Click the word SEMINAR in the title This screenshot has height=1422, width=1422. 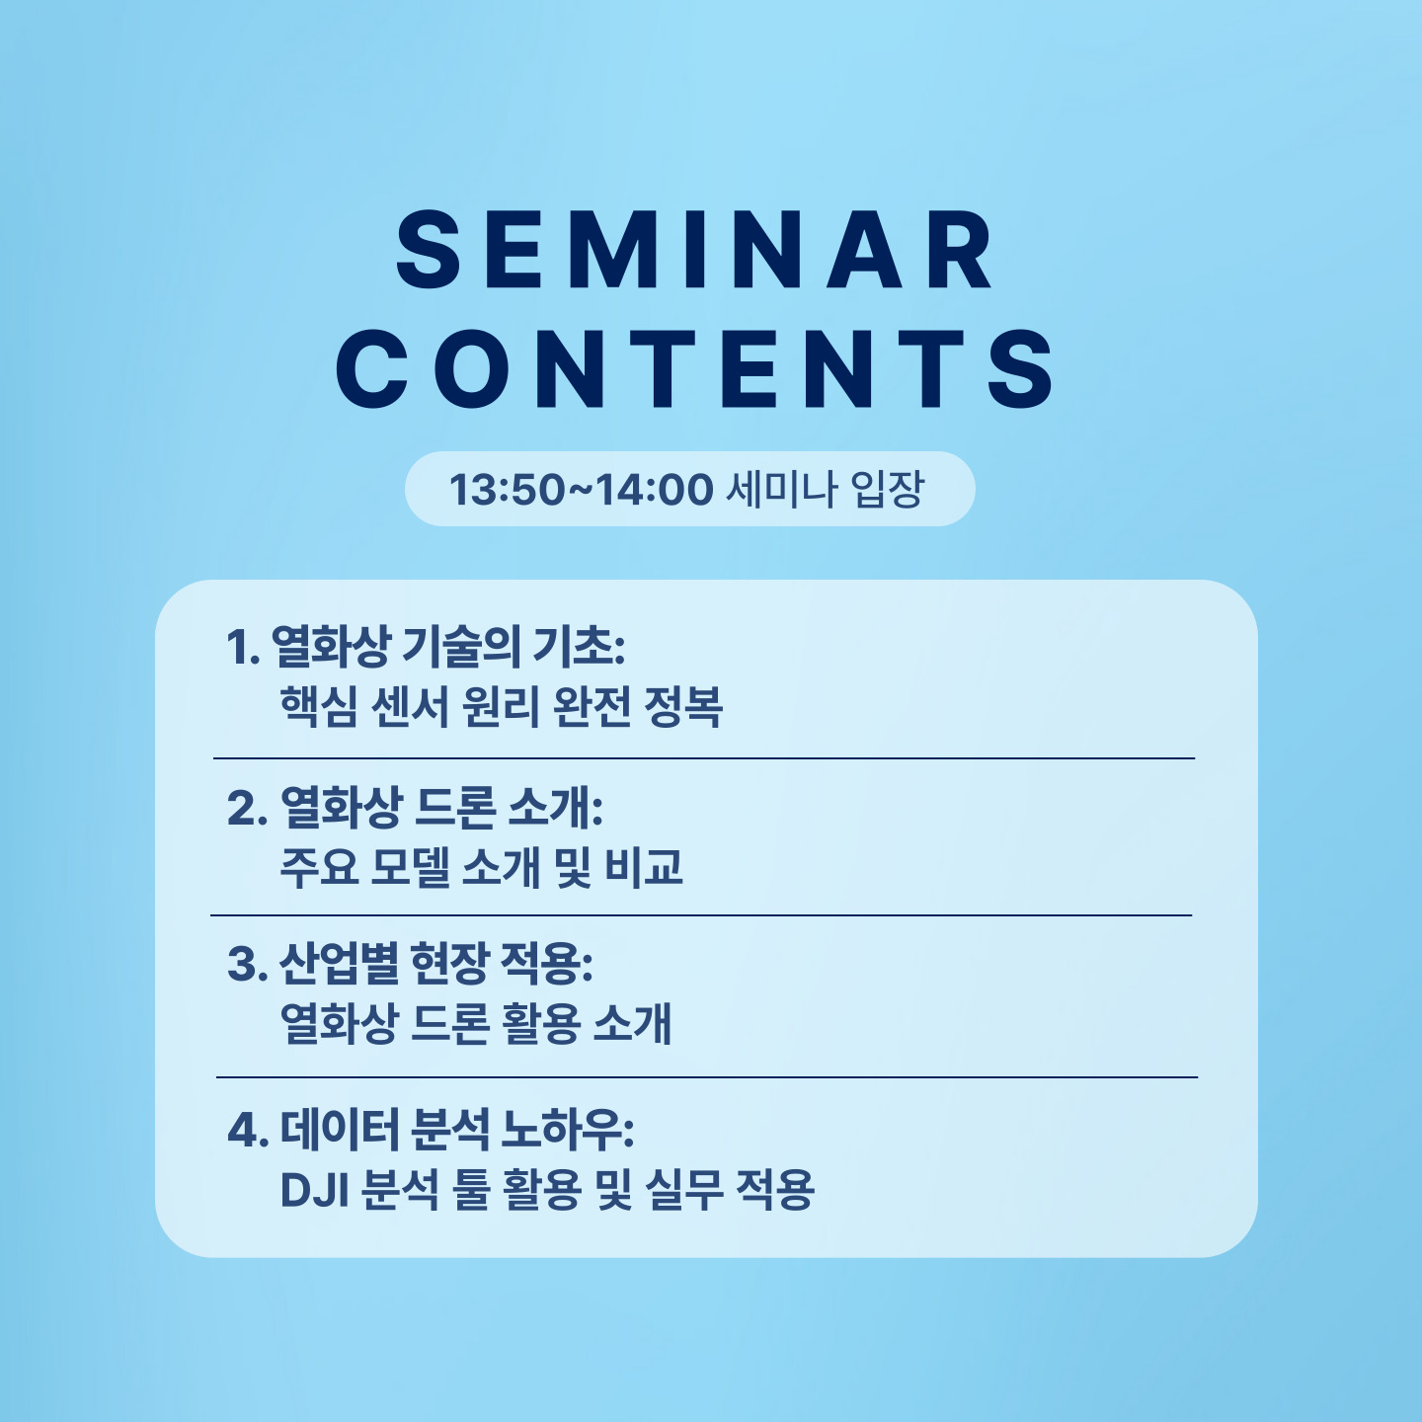pyautogui.click(x=695, y=250)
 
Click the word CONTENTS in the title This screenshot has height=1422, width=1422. pyautogui.click(x=695, y=368)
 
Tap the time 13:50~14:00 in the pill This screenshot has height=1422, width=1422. pyautogui.click(x=582, y=489)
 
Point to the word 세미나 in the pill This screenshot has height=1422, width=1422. pyautogui.click(x=782, y=489)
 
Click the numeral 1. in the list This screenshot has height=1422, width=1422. pyautogui.click(x=244, y=648)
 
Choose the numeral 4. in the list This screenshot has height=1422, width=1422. pyautogui.click(x=247, y=1130)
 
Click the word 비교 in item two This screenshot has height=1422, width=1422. pyautogui.click(x=644, y=867)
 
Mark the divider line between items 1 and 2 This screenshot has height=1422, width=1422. pyautogui.click(x=704, y=757)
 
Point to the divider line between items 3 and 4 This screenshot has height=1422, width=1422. pyautogui.click(x=707, y=1077)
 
